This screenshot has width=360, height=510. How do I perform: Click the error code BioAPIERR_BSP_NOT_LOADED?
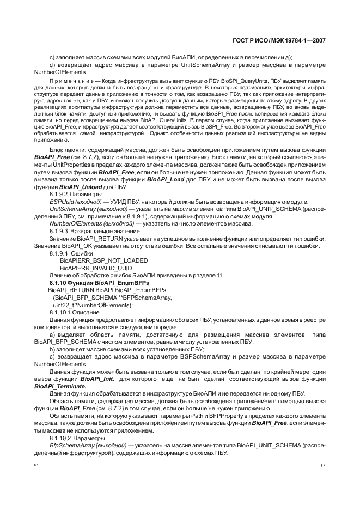103,260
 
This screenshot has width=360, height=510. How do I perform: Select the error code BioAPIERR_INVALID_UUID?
96,268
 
